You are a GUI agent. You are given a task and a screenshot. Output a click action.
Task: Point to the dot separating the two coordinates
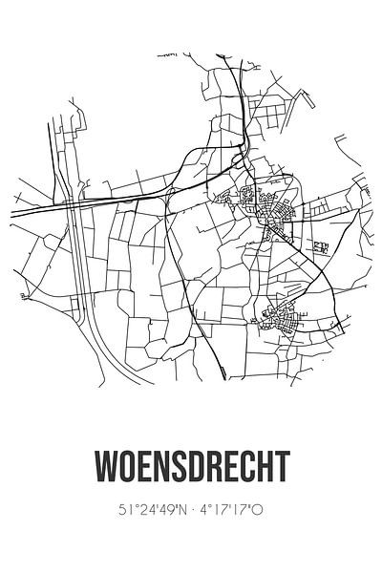point(195,511)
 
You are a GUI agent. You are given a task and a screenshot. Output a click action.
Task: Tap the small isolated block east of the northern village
point(321,247)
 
